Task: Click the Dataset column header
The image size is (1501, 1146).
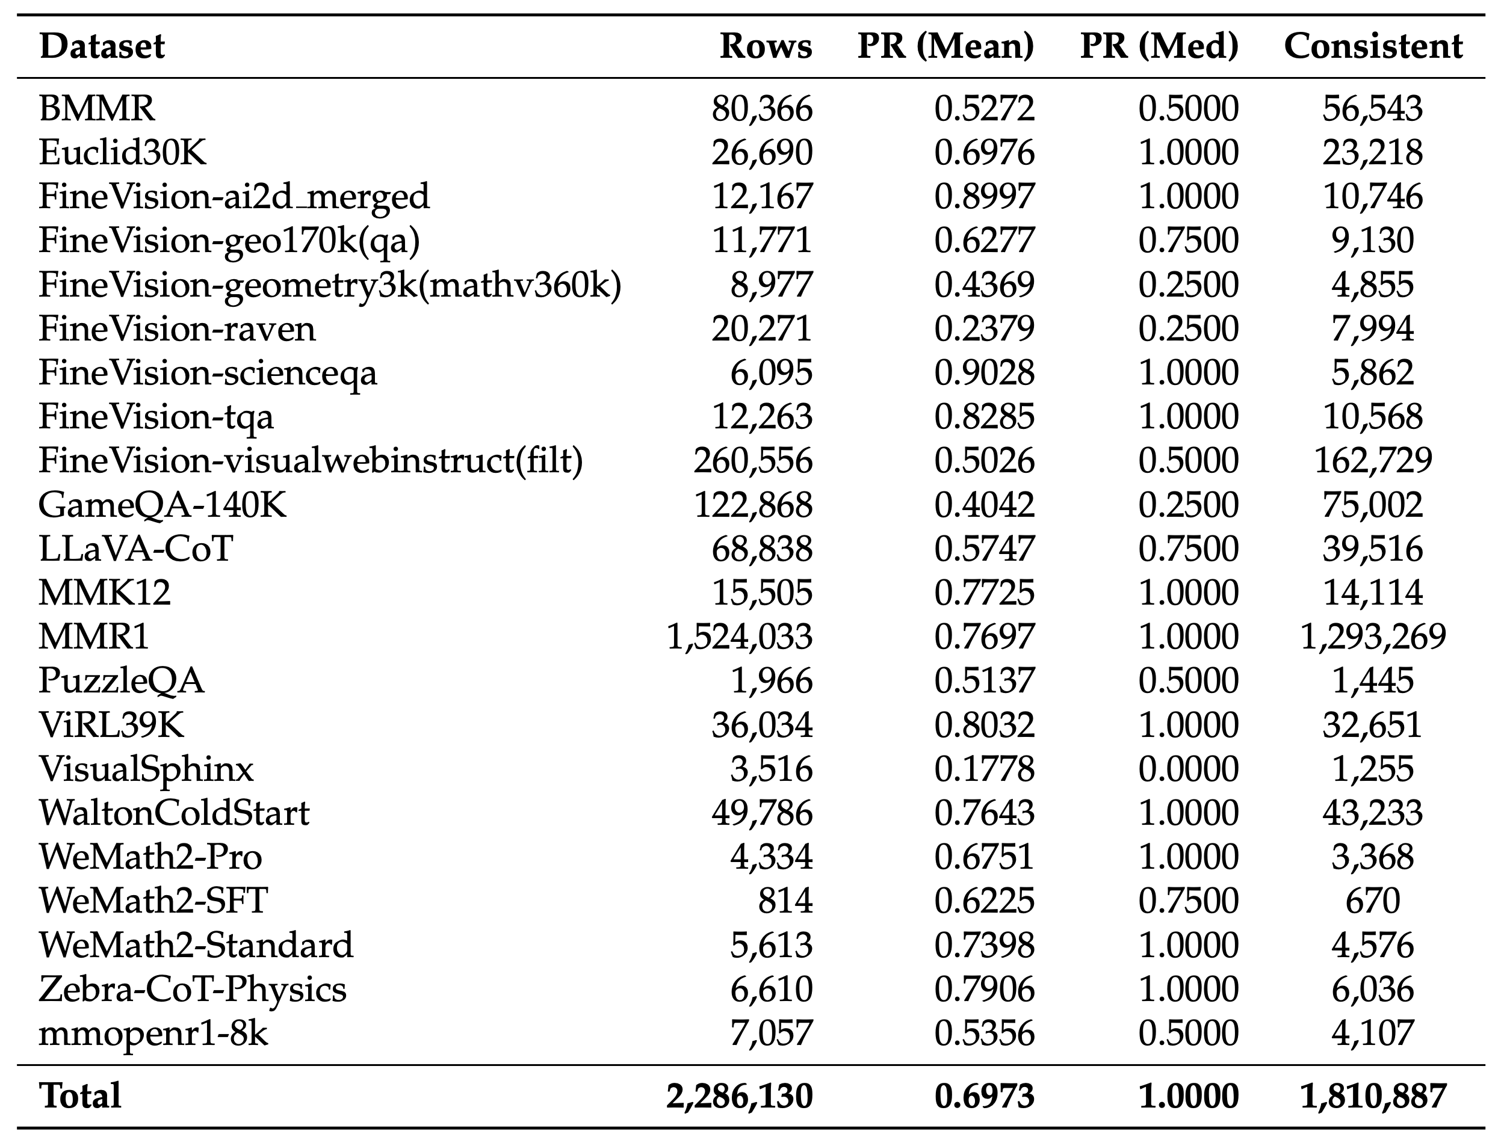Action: [x=102, y=47]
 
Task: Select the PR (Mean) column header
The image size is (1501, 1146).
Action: [x=945, y=47]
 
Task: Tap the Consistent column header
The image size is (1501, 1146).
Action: [x=1373, y=47]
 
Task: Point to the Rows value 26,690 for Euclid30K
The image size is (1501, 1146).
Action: [x=761, y=153]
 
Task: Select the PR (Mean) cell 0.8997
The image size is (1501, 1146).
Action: [x=984, y=197]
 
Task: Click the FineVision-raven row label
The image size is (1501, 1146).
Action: [x=177, y=329]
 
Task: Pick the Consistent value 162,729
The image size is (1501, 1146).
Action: [x=1373, y=461]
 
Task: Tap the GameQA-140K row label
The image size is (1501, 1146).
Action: [x=162, y=505]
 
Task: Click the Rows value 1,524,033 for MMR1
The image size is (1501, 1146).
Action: [x=740, y=637]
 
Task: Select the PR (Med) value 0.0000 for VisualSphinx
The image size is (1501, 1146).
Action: [x=1188, y=769]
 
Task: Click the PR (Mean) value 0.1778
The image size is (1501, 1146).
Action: [x=984, y=769]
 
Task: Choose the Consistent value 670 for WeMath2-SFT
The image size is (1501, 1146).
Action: [x=1373, y=901]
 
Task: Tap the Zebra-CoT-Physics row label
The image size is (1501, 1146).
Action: [x=193, y=990]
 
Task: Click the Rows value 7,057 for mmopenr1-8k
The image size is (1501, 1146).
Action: [x=771, y=1034]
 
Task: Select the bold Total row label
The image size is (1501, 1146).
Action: [x=81, y=1096]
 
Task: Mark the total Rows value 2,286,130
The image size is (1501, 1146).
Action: [x=740, y=1096]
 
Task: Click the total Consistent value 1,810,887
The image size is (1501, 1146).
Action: [x=1373, y=1096]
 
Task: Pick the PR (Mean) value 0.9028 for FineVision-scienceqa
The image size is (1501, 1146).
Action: [x=984, y=373]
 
